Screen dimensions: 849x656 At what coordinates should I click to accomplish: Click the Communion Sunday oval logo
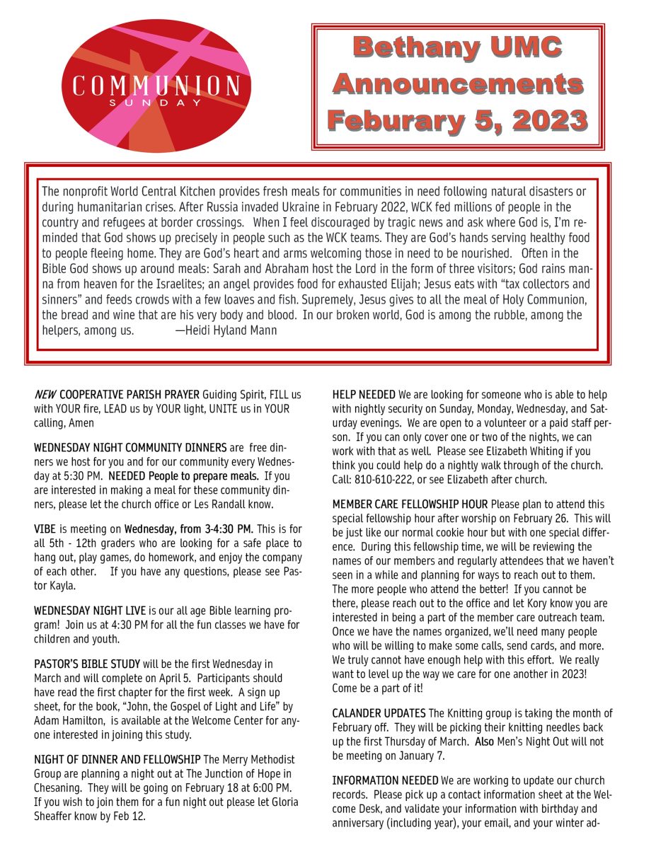156,86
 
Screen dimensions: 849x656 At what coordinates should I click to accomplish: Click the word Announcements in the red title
458,84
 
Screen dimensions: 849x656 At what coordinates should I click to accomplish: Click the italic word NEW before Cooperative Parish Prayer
45,394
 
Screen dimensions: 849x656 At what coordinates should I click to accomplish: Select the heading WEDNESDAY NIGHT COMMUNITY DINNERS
130,448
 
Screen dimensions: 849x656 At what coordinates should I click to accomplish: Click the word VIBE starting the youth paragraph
46,529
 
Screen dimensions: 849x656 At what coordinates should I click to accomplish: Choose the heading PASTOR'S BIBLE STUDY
87,664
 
